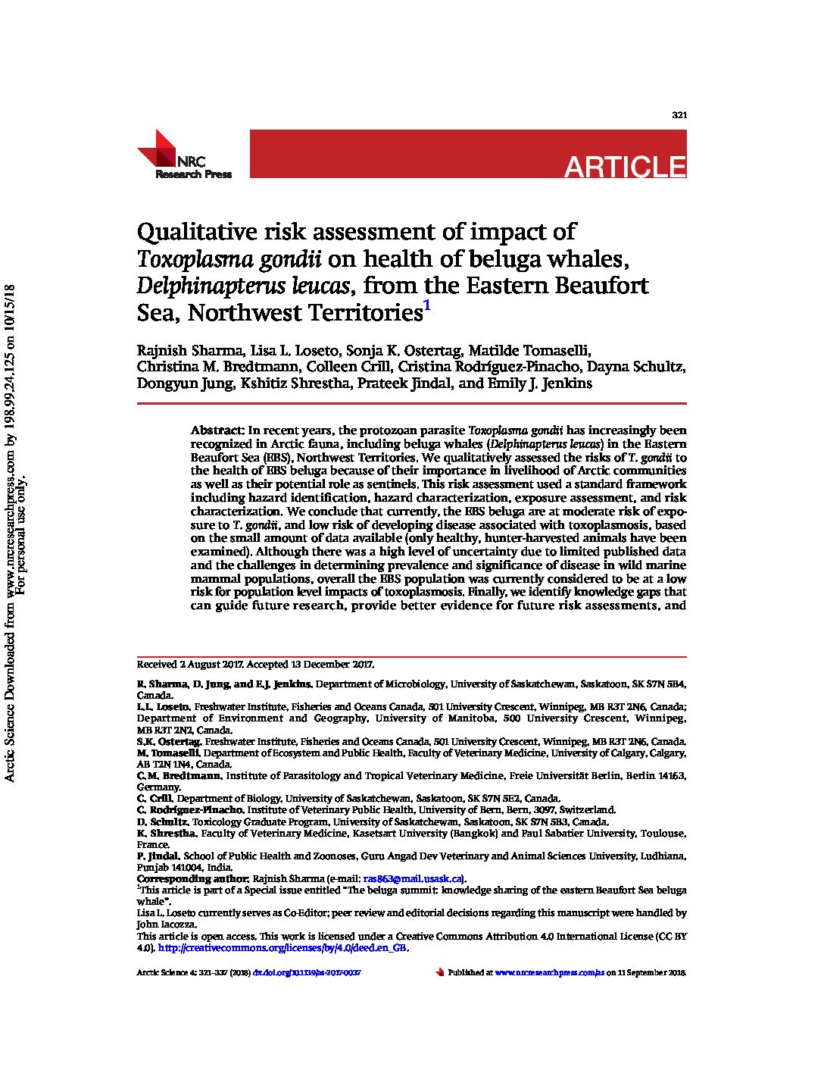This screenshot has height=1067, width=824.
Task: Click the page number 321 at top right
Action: (679, 115)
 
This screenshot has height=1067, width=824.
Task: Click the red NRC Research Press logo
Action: (184, 155)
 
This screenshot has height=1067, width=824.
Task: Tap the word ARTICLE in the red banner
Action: (625, 167)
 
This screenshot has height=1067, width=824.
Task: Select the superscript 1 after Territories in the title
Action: (427, 306)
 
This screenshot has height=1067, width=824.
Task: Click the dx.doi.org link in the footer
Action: (307, 972)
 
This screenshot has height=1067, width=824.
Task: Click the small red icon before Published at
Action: (439, 972)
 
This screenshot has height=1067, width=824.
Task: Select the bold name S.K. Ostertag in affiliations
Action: (168, 742)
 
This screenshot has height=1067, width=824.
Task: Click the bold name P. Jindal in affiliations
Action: (158, 856)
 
